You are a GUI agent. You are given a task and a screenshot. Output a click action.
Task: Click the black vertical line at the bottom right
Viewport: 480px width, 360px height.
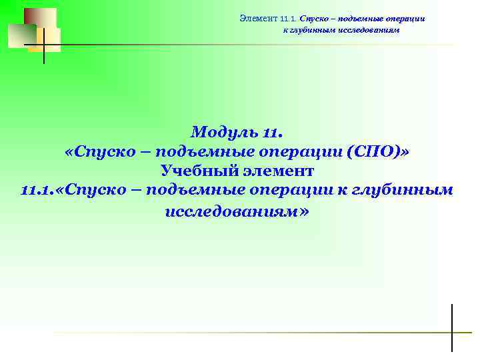coord(451,327)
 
